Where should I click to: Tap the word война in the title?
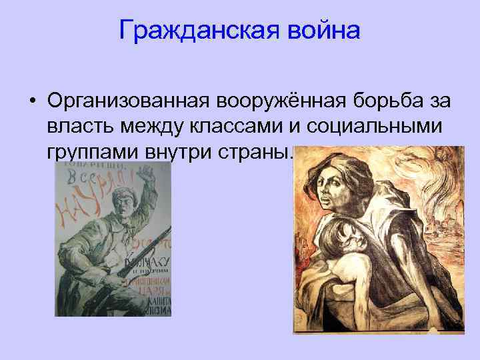pyautogui.click(x=321, y=29)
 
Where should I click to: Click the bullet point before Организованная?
pyautogui.click(x=32, y=102)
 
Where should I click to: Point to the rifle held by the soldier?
pyautogui.click(x=127, y=267)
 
